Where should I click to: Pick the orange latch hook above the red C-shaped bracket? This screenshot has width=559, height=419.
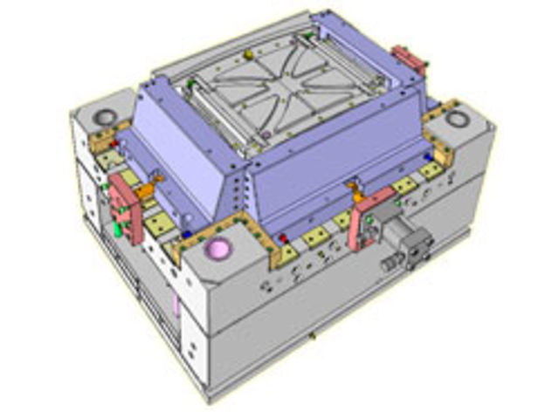click(x=355, y=187)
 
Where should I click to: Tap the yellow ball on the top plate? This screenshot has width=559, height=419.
click(x=247, y=55)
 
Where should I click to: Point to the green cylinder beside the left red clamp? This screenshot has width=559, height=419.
click(x=116, y=230)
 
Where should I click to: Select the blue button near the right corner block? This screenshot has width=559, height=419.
click(x=427, y=156)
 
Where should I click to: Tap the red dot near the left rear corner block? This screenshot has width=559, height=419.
click(x=114, y=142)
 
